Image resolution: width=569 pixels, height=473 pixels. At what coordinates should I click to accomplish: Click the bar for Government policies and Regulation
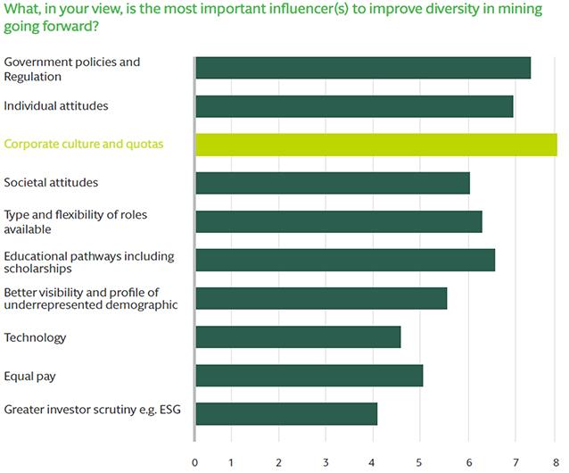362,68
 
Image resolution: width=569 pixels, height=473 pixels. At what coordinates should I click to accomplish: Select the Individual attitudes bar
354,106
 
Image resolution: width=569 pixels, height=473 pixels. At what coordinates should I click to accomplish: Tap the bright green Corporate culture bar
375,145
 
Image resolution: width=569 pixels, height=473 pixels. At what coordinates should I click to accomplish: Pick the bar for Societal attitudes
332,183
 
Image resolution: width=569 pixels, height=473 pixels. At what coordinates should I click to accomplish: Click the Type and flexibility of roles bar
338,221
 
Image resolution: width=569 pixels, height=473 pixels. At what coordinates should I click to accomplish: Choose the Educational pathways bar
344,260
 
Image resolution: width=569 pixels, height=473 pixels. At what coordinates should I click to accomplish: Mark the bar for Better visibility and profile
320,298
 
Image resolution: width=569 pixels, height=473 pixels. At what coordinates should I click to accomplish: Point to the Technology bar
298,336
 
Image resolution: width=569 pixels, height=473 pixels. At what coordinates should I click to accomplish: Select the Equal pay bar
309,375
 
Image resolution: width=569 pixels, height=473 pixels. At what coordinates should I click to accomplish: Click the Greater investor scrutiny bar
285,413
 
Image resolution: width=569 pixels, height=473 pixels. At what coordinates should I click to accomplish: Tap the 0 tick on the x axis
195,461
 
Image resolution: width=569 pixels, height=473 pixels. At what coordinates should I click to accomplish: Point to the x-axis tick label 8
555,461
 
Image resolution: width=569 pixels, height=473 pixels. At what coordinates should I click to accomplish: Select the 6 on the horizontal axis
468,461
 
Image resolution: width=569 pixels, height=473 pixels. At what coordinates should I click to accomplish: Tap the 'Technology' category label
35,337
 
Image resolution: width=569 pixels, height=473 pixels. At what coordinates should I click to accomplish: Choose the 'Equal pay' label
29,376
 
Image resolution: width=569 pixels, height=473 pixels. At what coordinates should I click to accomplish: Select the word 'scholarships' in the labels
38,268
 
